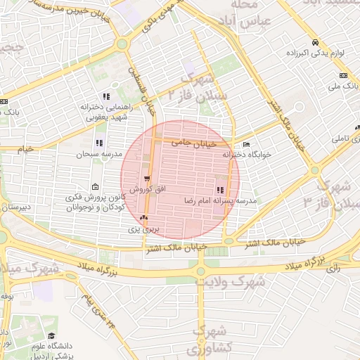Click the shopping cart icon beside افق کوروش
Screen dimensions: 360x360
(x=147, y=179)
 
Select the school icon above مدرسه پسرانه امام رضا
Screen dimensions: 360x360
(x=221, y=190)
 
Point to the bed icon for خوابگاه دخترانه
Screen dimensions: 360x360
(x=245, y=144)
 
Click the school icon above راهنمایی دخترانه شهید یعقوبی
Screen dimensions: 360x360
(x=106, y=96)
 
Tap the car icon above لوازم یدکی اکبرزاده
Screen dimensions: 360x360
(x=315, y=41)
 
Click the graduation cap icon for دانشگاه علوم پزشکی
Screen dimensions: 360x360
(x=51, y=337)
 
